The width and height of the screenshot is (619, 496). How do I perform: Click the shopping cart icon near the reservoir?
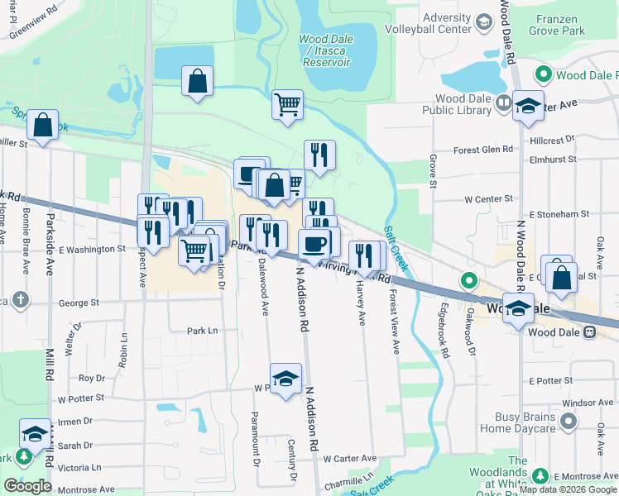pos(287,105)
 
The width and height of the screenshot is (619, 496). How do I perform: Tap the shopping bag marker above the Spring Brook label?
pos(42,125)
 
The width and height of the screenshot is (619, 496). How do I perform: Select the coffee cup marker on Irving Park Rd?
pos(314,244)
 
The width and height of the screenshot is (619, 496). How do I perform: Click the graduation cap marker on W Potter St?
pos(286,379)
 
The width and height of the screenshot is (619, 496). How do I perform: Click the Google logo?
pos(27,486)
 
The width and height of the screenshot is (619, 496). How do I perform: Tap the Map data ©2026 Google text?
pos(568,490)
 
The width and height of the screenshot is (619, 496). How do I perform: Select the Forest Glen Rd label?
pos(483,150)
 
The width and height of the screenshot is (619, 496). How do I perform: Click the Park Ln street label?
pos(202,331)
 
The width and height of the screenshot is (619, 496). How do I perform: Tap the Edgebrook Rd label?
pos(445,338)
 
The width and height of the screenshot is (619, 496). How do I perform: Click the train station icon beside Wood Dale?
pos(589,332)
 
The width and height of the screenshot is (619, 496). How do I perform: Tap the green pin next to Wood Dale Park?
pos(544,75)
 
